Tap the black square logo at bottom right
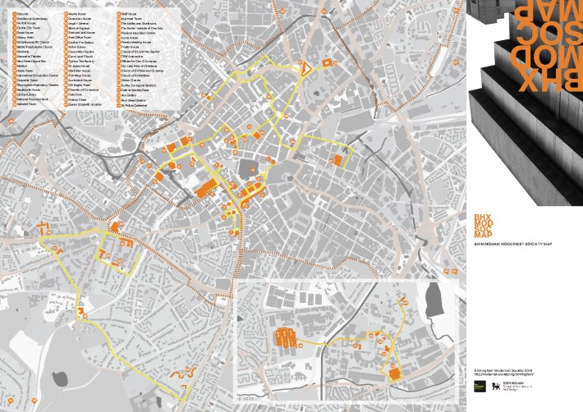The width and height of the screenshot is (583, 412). (x=480, y=384)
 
